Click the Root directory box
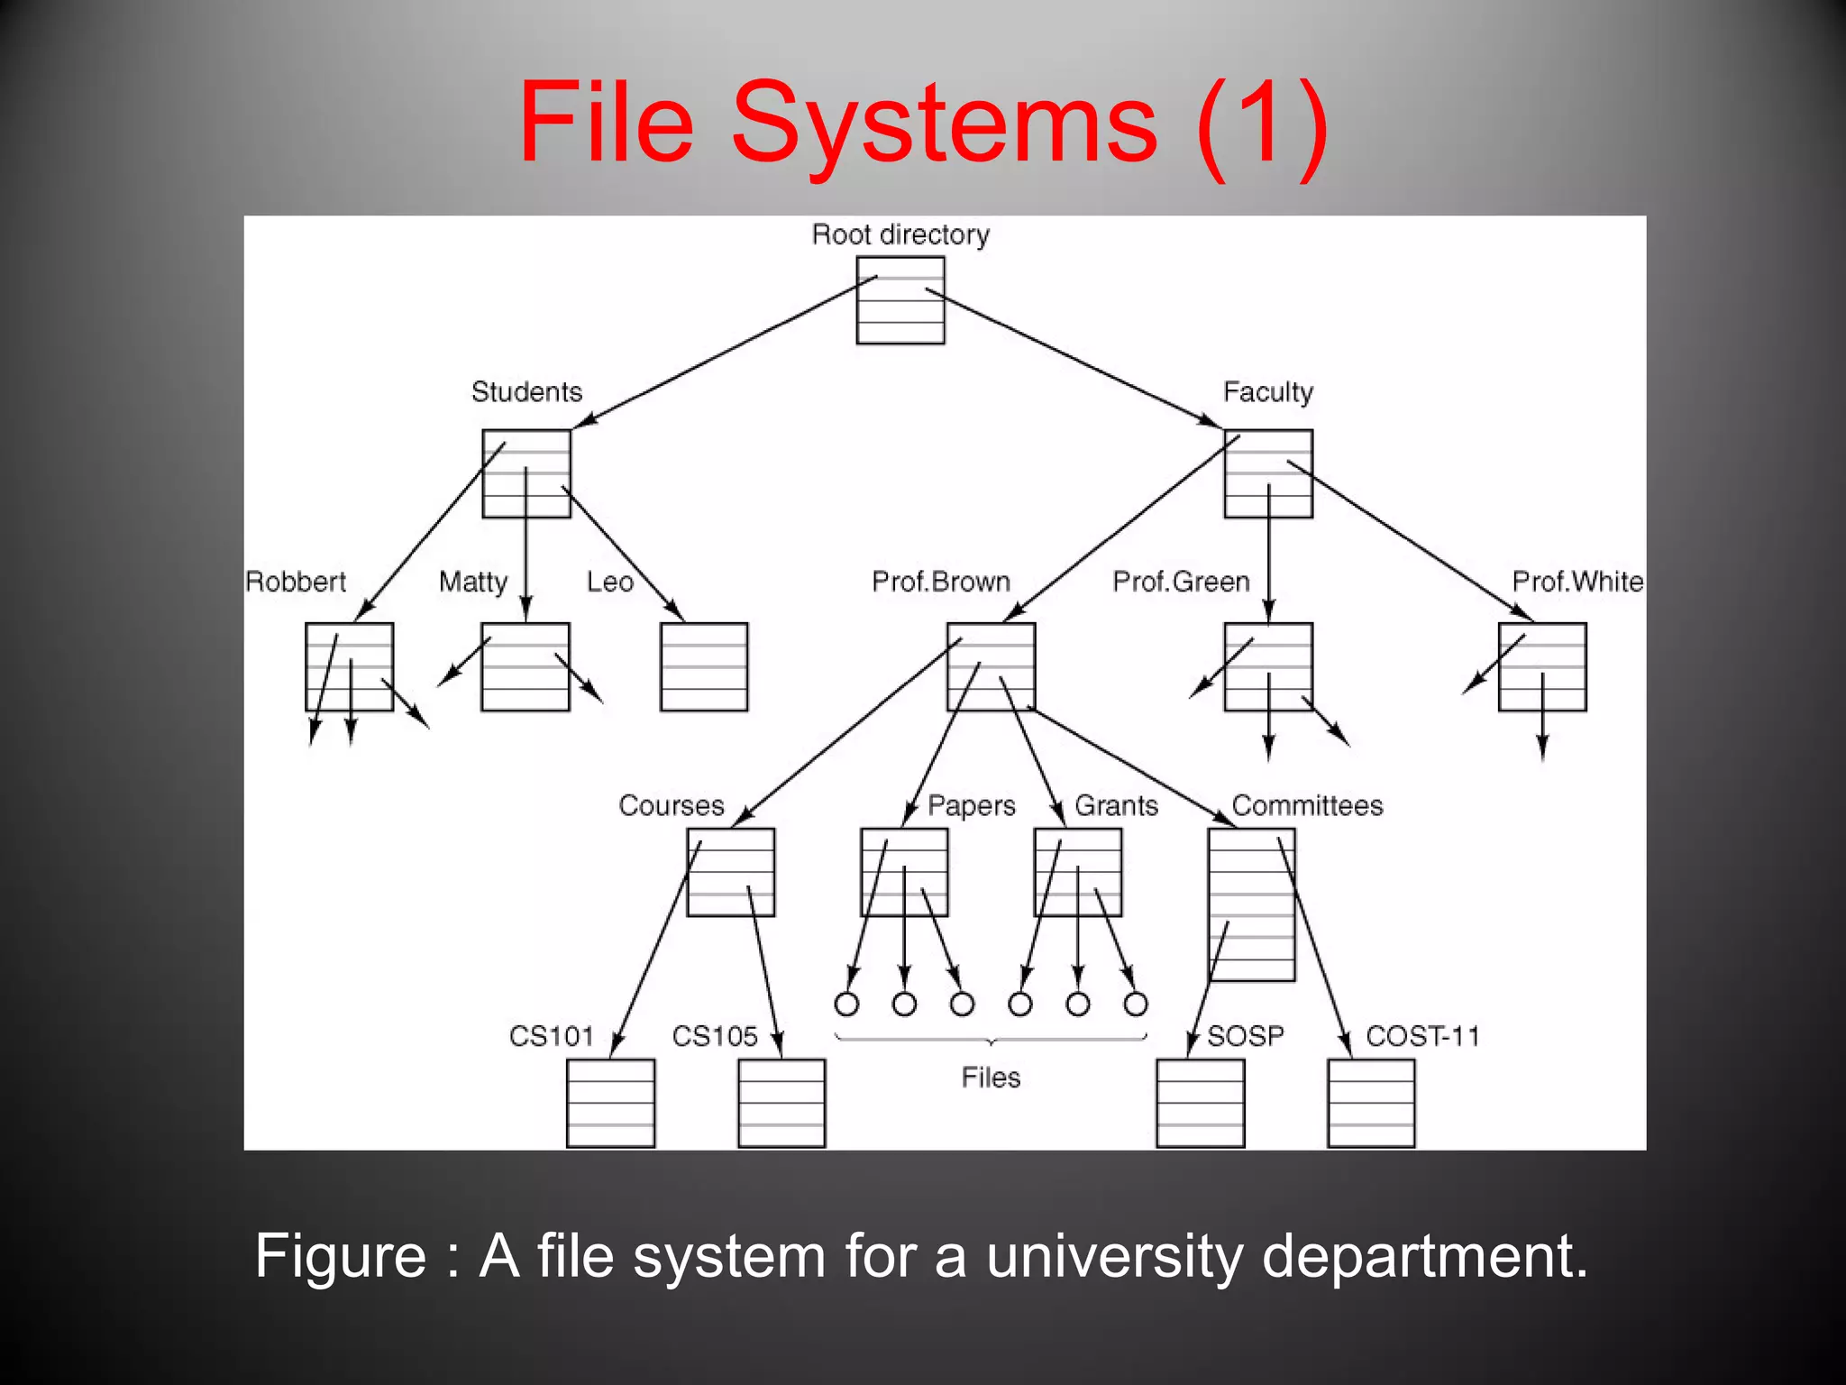[900, 300]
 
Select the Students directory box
[526, 473]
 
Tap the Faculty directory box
[1268, 473]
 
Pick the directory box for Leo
[704, 666]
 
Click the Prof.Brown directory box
[991, 666]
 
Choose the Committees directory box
[1252, 904]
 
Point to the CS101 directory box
[611, 1103]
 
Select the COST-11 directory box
[1371, 1103]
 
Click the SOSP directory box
[1201, 1103]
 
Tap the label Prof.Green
[1181, 582]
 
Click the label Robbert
[296, 582]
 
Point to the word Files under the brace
[991, 1078]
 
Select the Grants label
[1116, 805]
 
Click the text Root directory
[900, 234]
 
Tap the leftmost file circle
[846, 1004]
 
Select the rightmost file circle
[1136, 1004]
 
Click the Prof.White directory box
[1542, 666]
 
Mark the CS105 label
[715, 1036]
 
